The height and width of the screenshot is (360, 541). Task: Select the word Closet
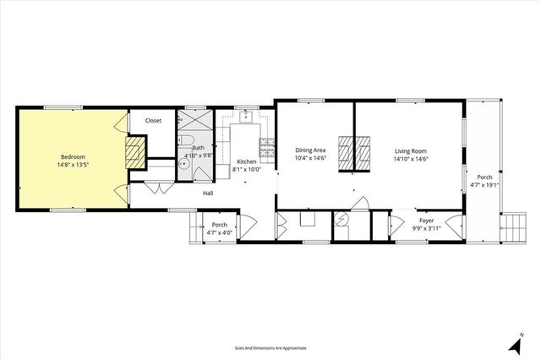point(153,121)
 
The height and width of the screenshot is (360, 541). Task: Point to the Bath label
point(196,149)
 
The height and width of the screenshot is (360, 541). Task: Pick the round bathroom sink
point(182,166)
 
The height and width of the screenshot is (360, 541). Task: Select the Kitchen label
point(246,161)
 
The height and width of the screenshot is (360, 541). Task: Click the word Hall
point(208,194)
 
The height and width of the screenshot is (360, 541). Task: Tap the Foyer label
point(426,221)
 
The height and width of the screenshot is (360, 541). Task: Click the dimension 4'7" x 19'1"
point(484,185)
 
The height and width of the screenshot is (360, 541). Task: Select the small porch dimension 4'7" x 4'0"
point(219,232)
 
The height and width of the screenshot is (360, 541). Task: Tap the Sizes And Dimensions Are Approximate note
point(270,347)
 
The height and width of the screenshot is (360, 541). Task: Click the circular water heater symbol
point(342,217)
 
